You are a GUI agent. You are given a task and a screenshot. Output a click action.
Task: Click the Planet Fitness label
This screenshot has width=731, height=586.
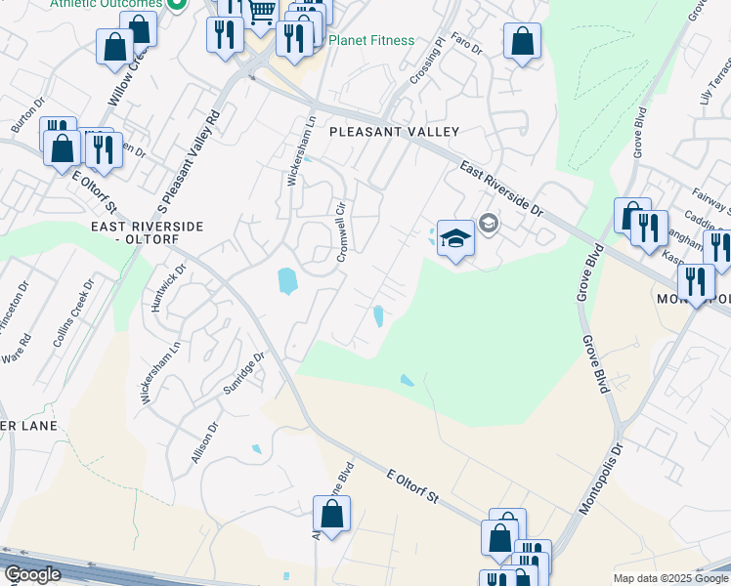(371, 40)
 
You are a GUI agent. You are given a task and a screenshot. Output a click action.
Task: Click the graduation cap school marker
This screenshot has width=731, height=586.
(455, 237)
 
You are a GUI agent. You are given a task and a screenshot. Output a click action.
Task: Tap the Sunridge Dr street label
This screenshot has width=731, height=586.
(243, 373)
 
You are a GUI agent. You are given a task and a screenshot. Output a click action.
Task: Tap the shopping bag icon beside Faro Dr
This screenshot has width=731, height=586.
(522, 42)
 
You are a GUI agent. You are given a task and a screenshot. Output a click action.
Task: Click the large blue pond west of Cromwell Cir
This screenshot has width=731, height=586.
(286, 281)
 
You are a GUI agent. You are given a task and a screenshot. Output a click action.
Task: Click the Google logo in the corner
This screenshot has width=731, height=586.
(32, 574)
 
